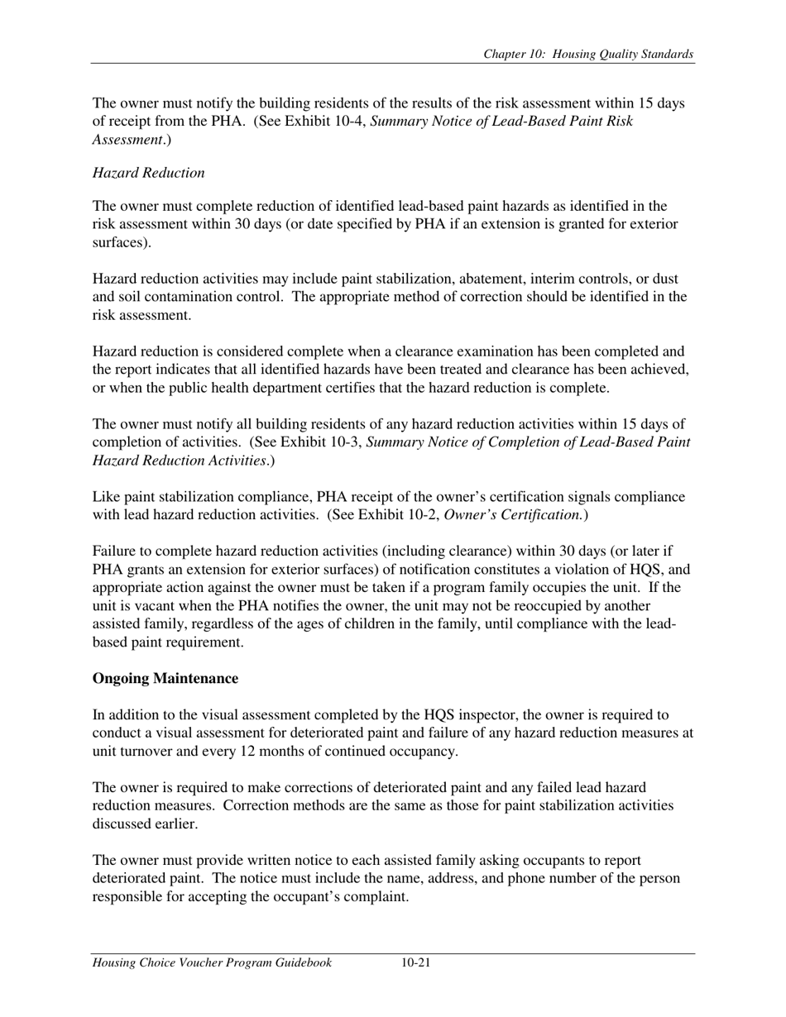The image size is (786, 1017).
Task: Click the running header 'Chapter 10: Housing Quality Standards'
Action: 588,55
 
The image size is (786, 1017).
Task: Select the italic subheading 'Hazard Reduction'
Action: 148,173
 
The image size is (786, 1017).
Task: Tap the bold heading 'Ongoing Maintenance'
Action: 165,679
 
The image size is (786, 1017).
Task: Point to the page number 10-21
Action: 415,962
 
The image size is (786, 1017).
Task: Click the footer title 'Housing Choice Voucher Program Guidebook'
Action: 213,962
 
